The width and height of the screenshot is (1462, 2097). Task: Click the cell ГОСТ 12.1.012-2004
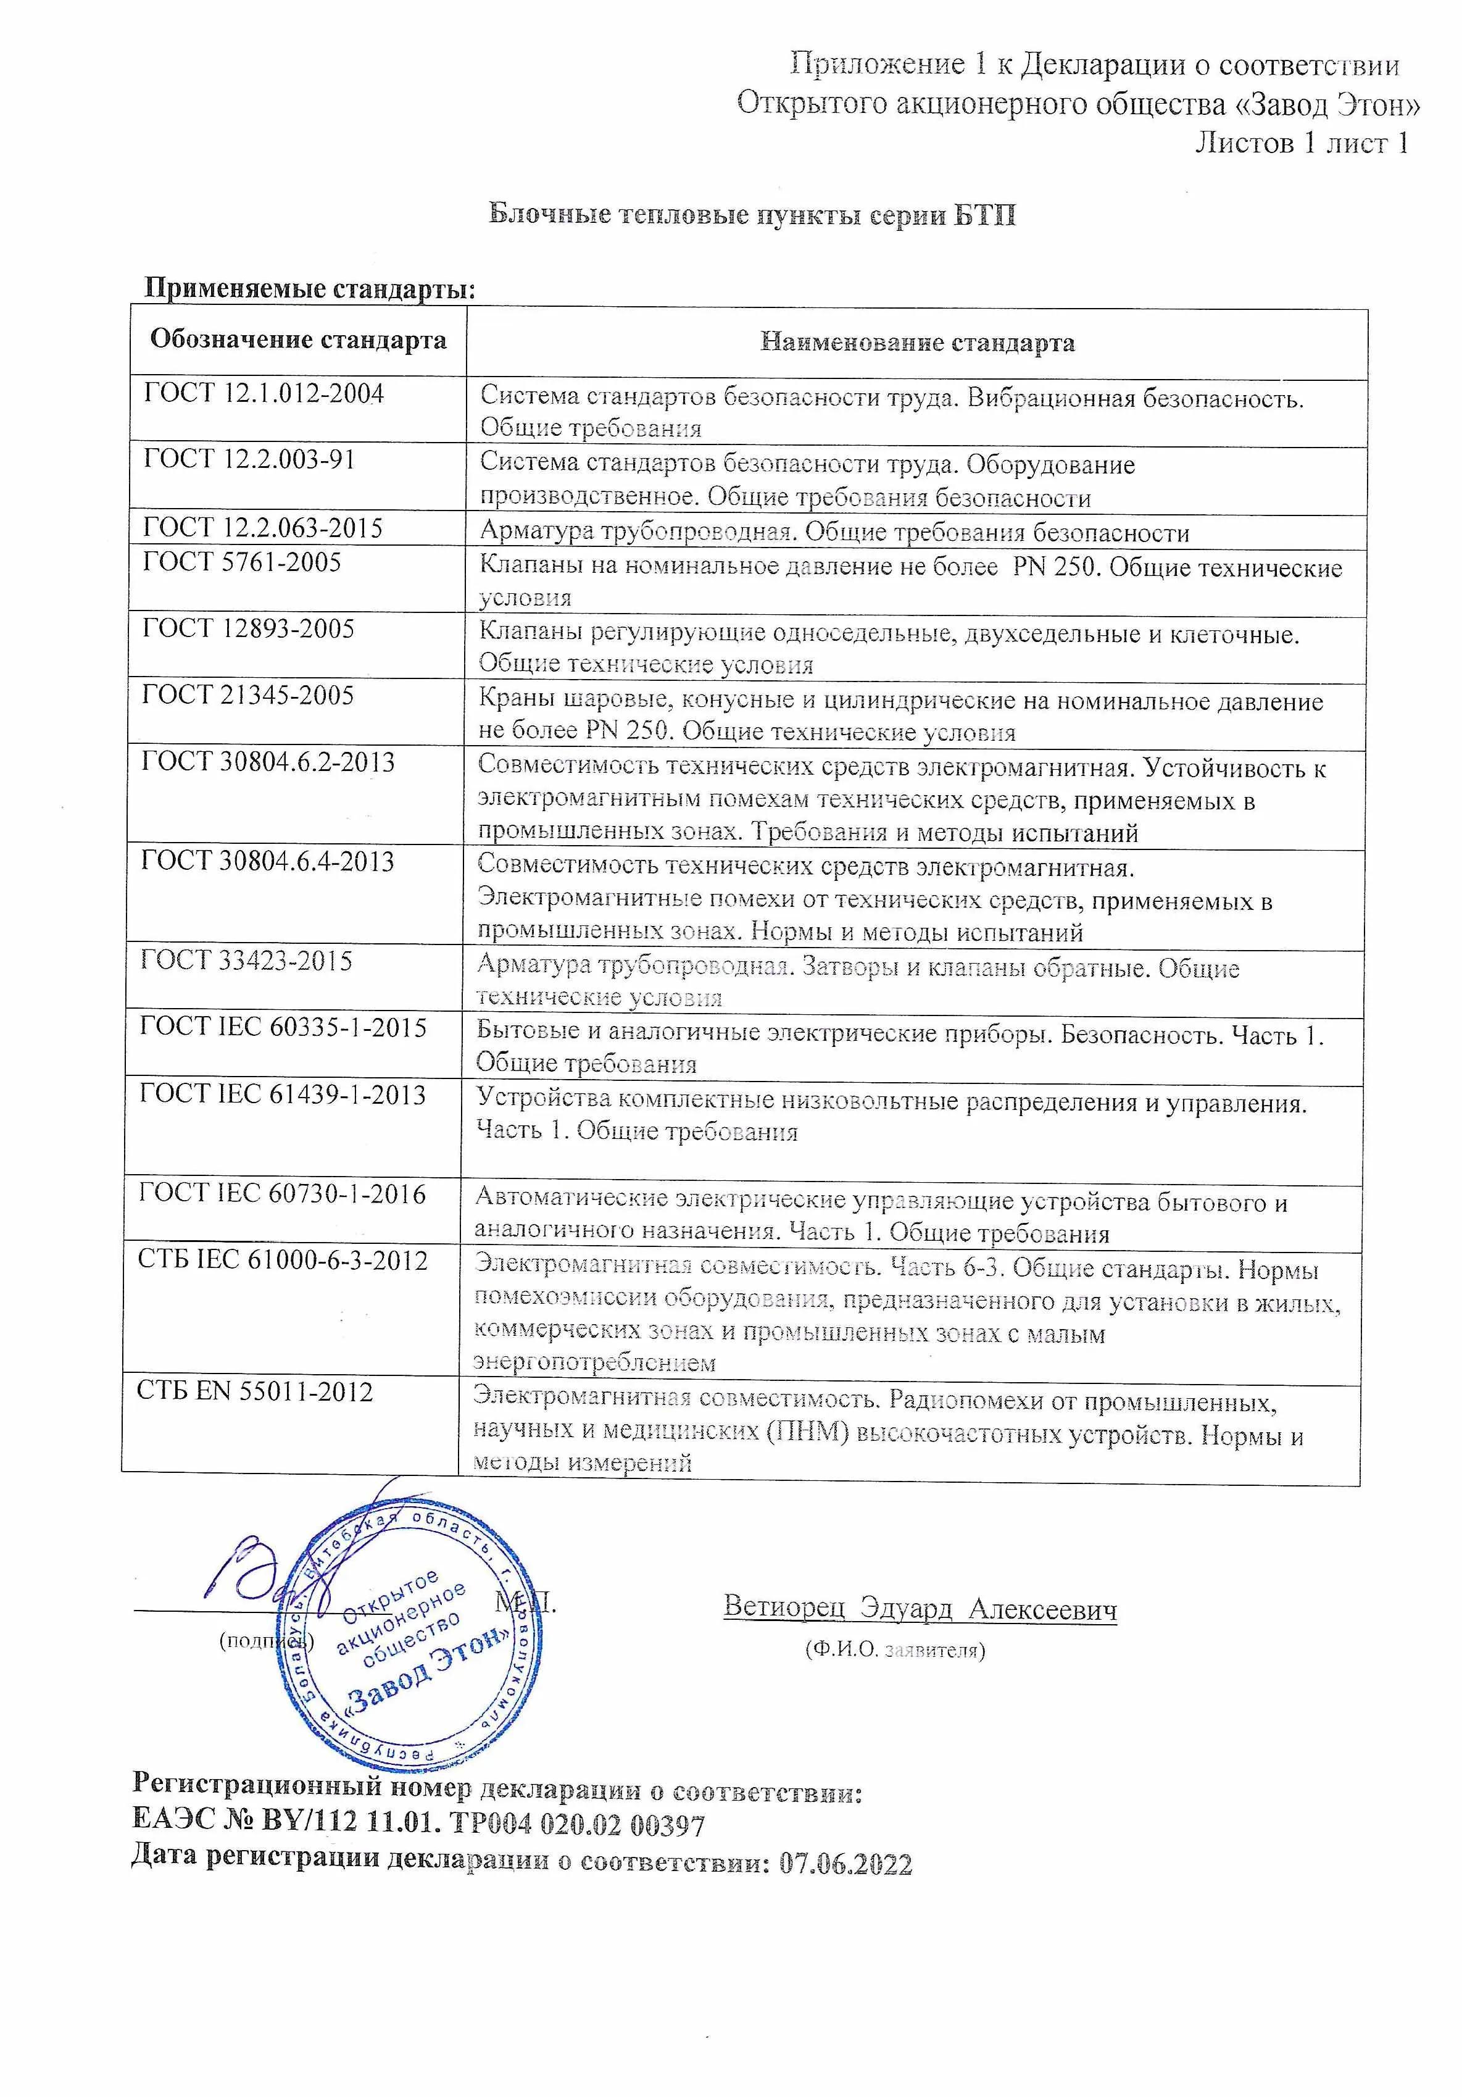[264, 394]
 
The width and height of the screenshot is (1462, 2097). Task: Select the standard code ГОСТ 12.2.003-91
[248, 459]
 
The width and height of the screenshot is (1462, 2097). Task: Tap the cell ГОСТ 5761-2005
[242, 562]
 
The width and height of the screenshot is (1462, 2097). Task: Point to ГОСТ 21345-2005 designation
[247, 695]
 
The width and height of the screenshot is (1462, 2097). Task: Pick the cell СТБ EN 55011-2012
[255, 1392]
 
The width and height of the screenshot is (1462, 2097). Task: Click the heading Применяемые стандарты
[310, 289]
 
